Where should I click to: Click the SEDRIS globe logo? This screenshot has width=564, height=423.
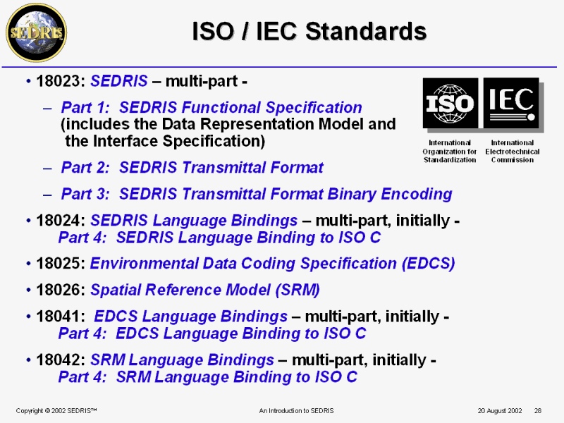click(x=37, y=32)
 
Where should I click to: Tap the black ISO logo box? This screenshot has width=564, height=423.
click(x=450, y=103)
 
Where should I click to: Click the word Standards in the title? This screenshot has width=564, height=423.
click(x=366, y=31)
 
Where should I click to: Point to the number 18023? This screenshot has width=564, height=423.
click(x=60, y=81)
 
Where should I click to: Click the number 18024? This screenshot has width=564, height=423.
click(x=60, y=221)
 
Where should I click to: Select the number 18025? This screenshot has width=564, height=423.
click(x=60, y=263)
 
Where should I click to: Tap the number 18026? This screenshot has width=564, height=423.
click(x=60, y=290)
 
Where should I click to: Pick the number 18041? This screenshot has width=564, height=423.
click(x=60, y=317)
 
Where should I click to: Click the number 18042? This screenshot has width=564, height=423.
click(x=60, y=360)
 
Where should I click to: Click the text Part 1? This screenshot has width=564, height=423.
click(x=85, y=108)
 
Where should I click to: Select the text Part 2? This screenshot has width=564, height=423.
click(x=85, y=168)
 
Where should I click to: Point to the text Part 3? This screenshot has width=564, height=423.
click(x=85, y=194)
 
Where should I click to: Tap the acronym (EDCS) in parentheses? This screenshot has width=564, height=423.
click(x=428, y=264)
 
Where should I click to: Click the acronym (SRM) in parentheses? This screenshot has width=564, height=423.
click(x=298, y=290)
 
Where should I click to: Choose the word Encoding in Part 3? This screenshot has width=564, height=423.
click(x=416, y=195)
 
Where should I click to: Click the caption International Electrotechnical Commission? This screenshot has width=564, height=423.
click(x=513, y=152)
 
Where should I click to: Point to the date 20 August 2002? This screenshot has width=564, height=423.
click(x=500, y=411)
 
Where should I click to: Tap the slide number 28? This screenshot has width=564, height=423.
click(x=538, y=411)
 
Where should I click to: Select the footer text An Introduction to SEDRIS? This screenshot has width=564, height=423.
click(x=296, y=411)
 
